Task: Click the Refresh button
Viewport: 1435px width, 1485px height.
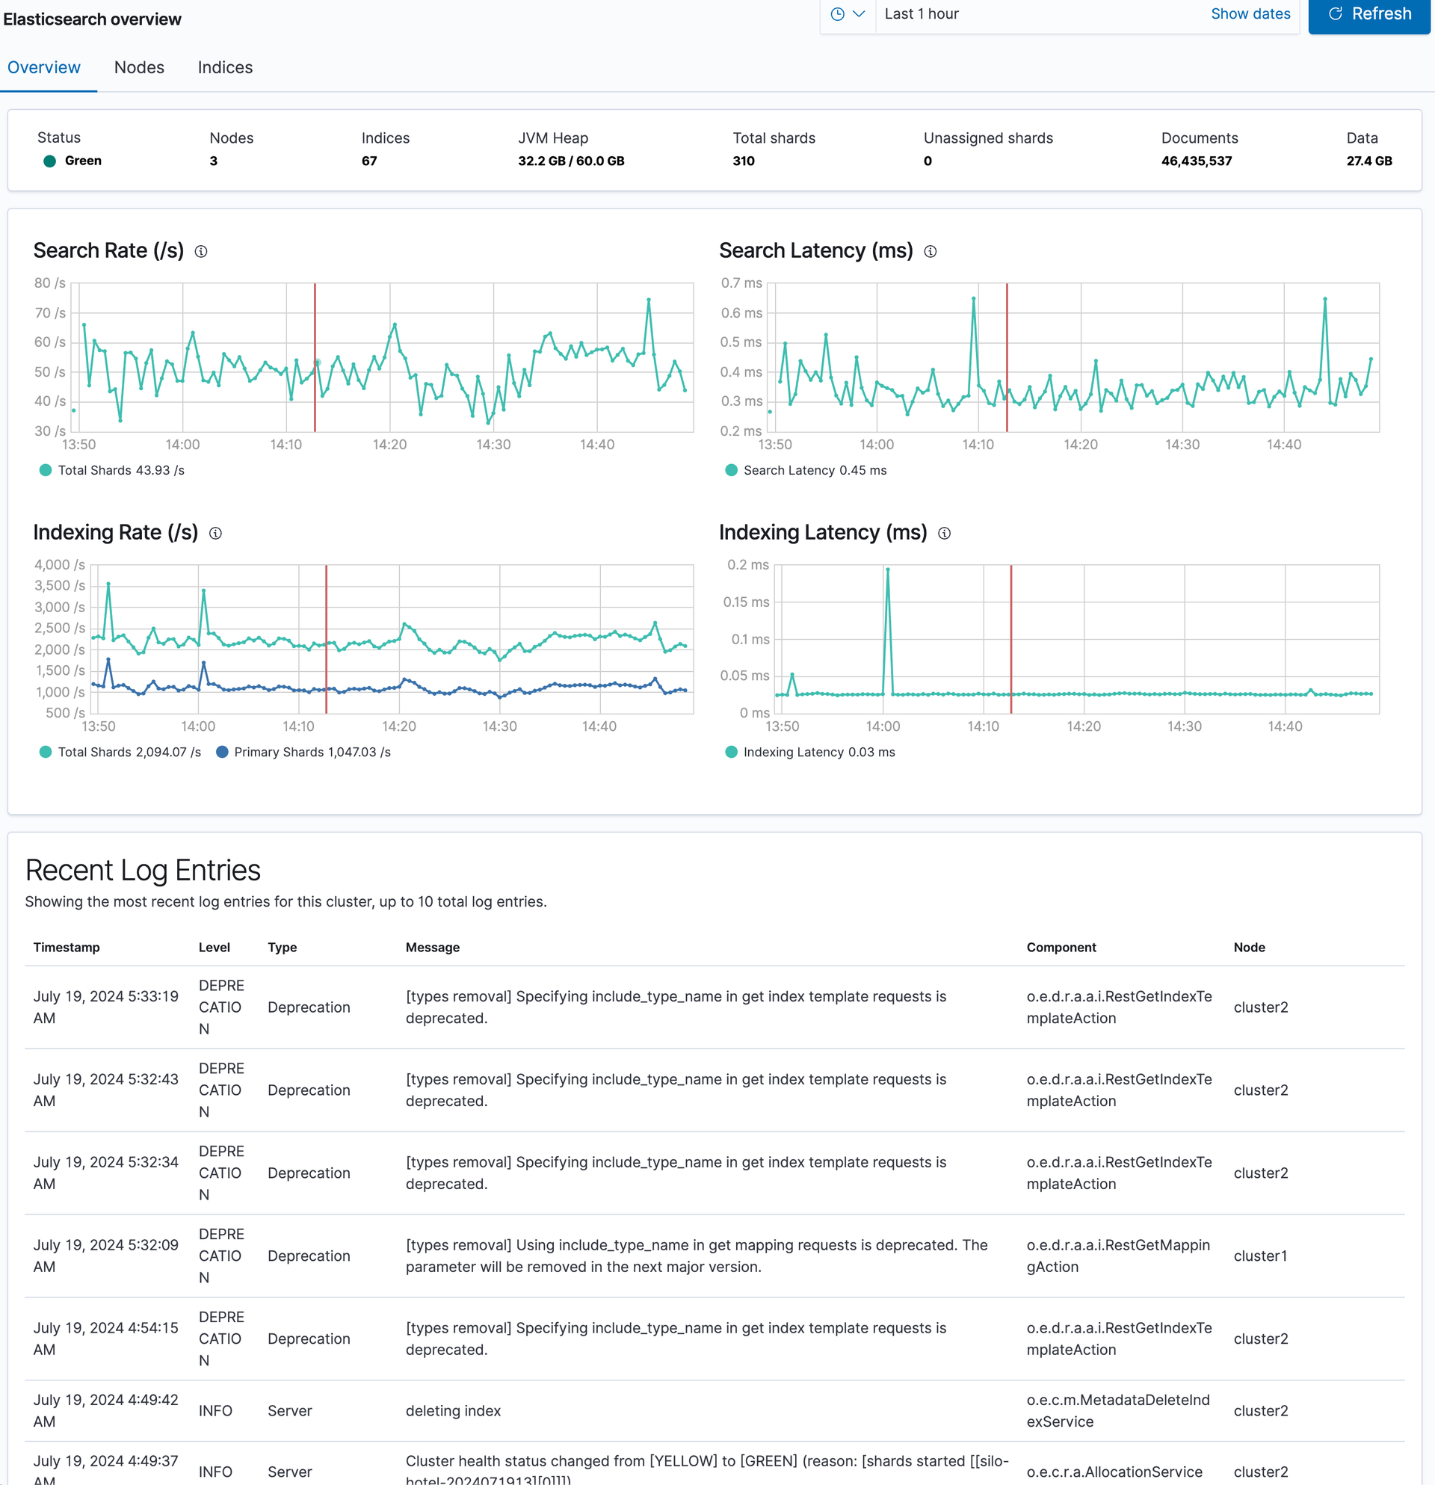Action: tap(1368, 14)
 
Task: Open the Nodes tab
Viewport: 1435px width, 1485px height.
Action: tap(140, 67)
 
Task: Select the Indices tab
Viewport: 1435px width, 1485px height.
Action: tap(225, 67)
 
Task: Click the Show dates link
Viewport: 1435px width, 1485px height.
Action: tap(1250, 13)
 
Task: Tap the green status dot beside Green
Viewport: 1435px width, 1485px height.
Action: tap(50, 161)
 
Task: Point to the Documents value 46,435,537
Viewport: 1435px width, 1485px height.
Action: tap(1197, 161)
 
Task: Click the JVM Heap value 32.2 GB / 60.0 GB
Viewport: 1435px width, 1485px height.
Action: tap(571, 161)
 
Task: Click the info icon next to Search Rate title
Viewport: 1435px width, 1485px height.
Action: tap(201, 252)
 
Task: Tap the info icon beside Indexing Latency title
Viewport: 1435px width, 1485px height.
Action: tap(944, 534)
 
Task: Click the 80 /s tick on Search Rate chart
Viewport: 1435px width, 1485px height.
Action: tap(50, 283)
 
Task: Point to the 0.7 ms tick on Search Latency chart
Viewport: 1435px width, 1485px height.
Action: tap(741, 283)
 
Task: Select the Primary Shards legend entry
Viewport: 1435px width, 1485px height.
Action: tap(304, 752)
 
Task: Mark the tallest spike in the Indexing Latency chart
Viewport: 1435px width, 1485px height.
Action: tap(887, 569)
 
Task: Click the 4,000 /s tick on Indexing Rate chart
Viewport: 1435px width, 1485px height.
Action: tap(60, 564)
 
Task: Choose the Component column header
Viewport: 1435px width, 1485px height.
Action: tap(1061, 947)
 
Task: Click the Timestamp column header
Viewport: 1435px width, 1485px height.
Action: tap(67, 947)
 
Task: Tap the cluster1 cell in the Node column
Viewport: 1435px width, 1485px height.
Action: tap(1261, 1256)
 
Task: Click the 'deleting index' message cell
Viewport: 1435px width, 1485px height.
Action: tap(453, 1411)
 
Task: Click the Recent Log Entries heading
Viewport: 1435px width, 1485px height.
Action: tap(143, 870)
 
